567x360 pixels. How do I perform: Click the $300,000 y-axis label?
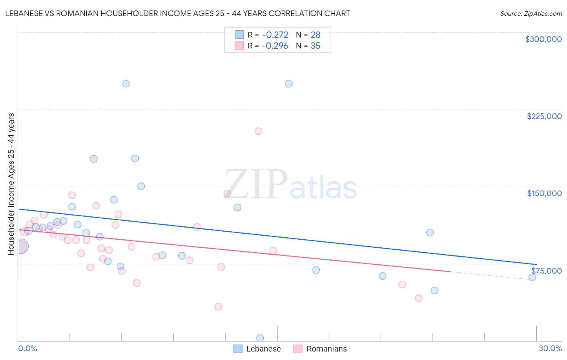point(543,39)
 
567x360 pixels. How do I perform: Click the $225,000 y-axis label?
point(544,116)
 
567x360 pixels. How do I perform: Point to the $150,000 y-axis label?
point(544,193)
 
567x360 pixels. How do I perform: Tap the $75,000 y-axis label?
point(546,271)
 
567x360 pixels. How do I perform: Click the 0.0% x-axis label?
point(27,348)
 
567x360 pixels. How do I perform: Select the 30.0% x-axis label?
point(550,348)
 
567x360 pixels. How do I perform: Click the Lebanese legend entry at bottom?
point(257,349)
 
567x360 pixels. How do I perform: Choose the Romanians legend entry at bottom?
point(320,349)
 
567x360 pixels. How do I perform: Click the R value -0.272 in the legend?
point(275,35)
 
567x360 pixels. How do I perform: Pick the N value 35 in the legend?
point(315,46)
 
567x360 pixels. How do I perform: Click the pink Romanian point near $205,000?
point(258,131)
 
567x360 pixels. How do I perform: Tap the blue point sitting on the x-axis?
point(260,338)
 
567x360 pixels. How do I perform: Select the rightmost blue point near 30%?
point(532,277)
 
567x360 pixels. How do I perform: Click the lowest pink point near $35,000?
point(218,307)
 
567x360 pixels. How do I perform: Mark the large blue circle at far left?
point(21,246)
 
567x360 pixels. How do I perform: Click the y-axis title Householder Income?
point(11,184)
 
